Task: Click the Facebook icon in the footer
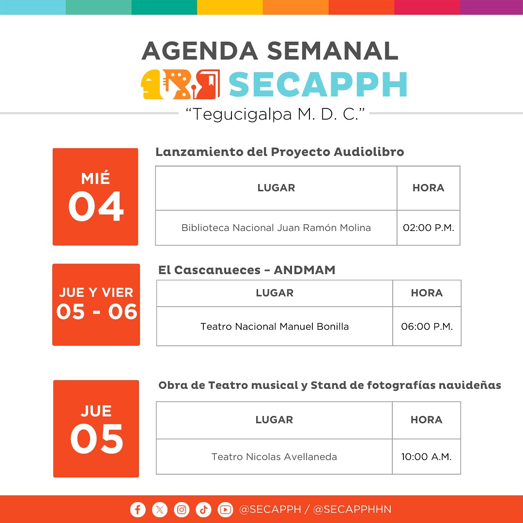[138, 509]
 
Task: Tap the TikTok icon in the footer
[203, 509]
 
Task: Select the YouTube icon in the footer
[226, 509]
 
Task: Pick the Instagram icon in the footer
[182, 509]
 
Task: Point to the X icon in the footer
[160, 509]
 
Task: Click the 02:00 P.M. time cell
[429, 228]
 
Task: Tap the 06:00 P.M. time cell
[427, 326]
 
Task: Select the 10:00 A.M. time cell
[427, 457]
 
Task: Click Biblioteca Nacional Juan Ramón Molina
[276, 228]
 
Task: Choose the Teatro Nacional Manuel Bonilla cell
[275, 326]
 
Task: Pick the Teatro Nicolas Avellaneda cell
[274, 457]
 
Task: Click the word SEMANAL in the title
[333, 51]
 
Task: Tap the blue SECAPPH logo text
[318, 84]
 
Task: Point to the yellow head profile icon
[152, 84]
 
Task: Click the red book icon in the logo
[207, 84]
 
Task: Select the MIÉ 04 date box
[95, 197]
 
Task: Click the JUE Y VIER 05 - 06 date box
[96, 305]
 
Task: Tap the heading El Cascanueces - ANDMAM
[247, 270]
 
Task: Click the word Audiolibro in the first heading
[369, 152]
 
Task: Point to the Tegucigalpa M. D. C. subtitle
[275, 114]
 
